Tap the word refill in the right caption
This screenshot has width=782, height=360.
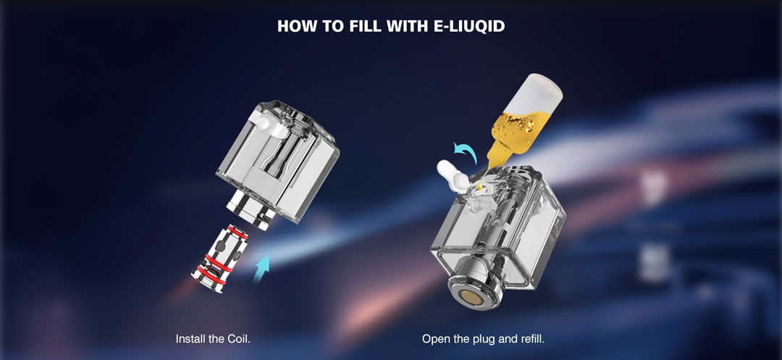click(x=532, y=339)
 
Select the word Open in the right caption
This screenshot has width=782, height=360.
click(x=434, y=340)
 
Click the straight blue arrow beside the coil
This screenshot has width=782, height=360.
click(x=261, y=269)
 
